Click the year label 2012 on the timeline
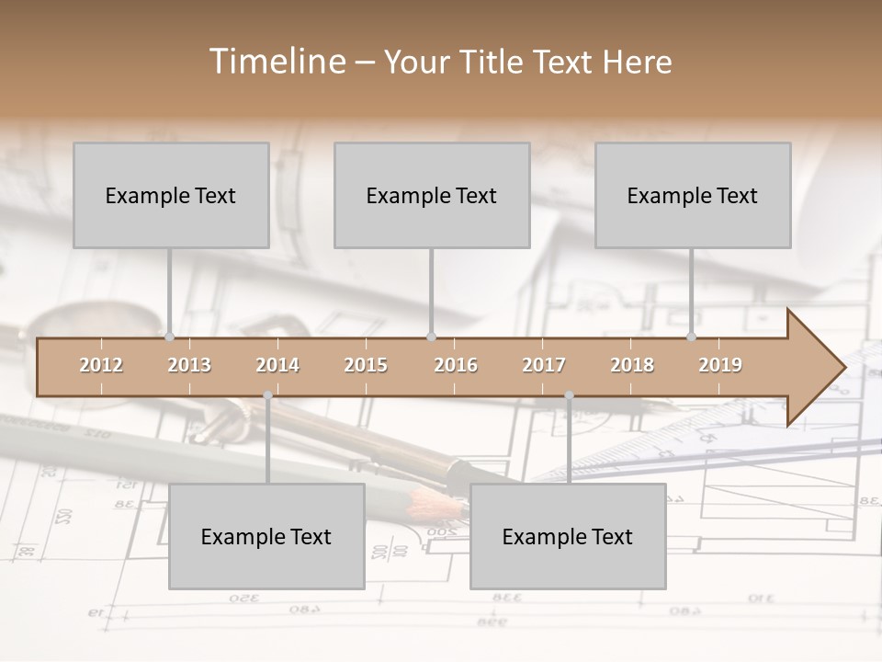(x=101, y=365)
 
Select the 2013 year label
(x=189, y=365)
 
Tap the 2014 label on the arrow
(x=277, y=365)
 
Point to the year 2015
(x=366, y=365)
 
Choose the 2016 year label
(x=456, y=365)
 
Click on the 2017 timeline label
(x=544, y=365)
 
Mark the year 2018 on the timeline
(x=632, y=365)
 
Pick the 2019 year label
(x=720, y=365)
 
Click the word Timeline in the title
(x=275, y=62)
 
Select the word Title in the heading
(x=492, y=62)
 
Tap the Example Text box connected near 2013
(x=171, y=195)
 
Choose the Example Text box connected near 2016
(x=432, y=195)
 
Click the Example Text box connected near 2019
(x=693, y=195)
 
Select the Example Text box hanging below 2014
(x=266, y=536)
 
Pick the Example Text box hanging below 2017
(x=568, y=536)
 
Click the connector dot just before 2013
(x=170, y=337)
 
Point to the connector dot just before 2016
(x=432, y=337)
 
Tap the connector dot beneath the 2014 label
(x=267, y=395)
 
